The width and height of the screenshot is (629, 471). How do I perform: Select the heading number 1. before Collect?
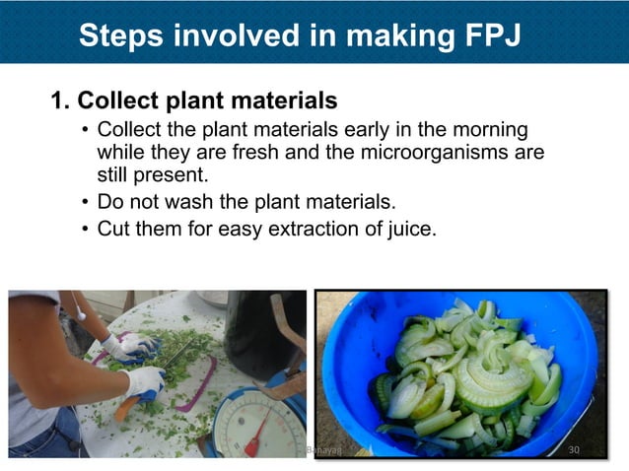point(61,101)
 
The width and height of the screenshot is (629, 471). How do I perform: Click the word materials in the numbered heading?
point(285,101)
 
